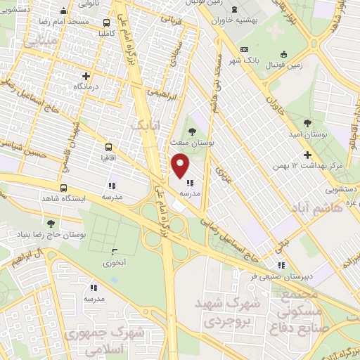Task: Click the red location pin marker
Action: (x=181, y=166)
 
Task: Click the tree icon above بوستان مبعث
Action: (x=193, y=131)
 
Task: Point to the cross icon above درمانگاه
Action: (x=86, y=76)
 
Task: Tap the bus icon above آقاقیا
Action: (x=108, y=148)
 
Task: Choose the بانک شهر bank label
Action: (x=264, y=61)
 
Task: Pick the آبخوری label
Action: (x=114, y=263)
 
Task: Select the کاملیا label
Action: (x=112, y=33)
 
